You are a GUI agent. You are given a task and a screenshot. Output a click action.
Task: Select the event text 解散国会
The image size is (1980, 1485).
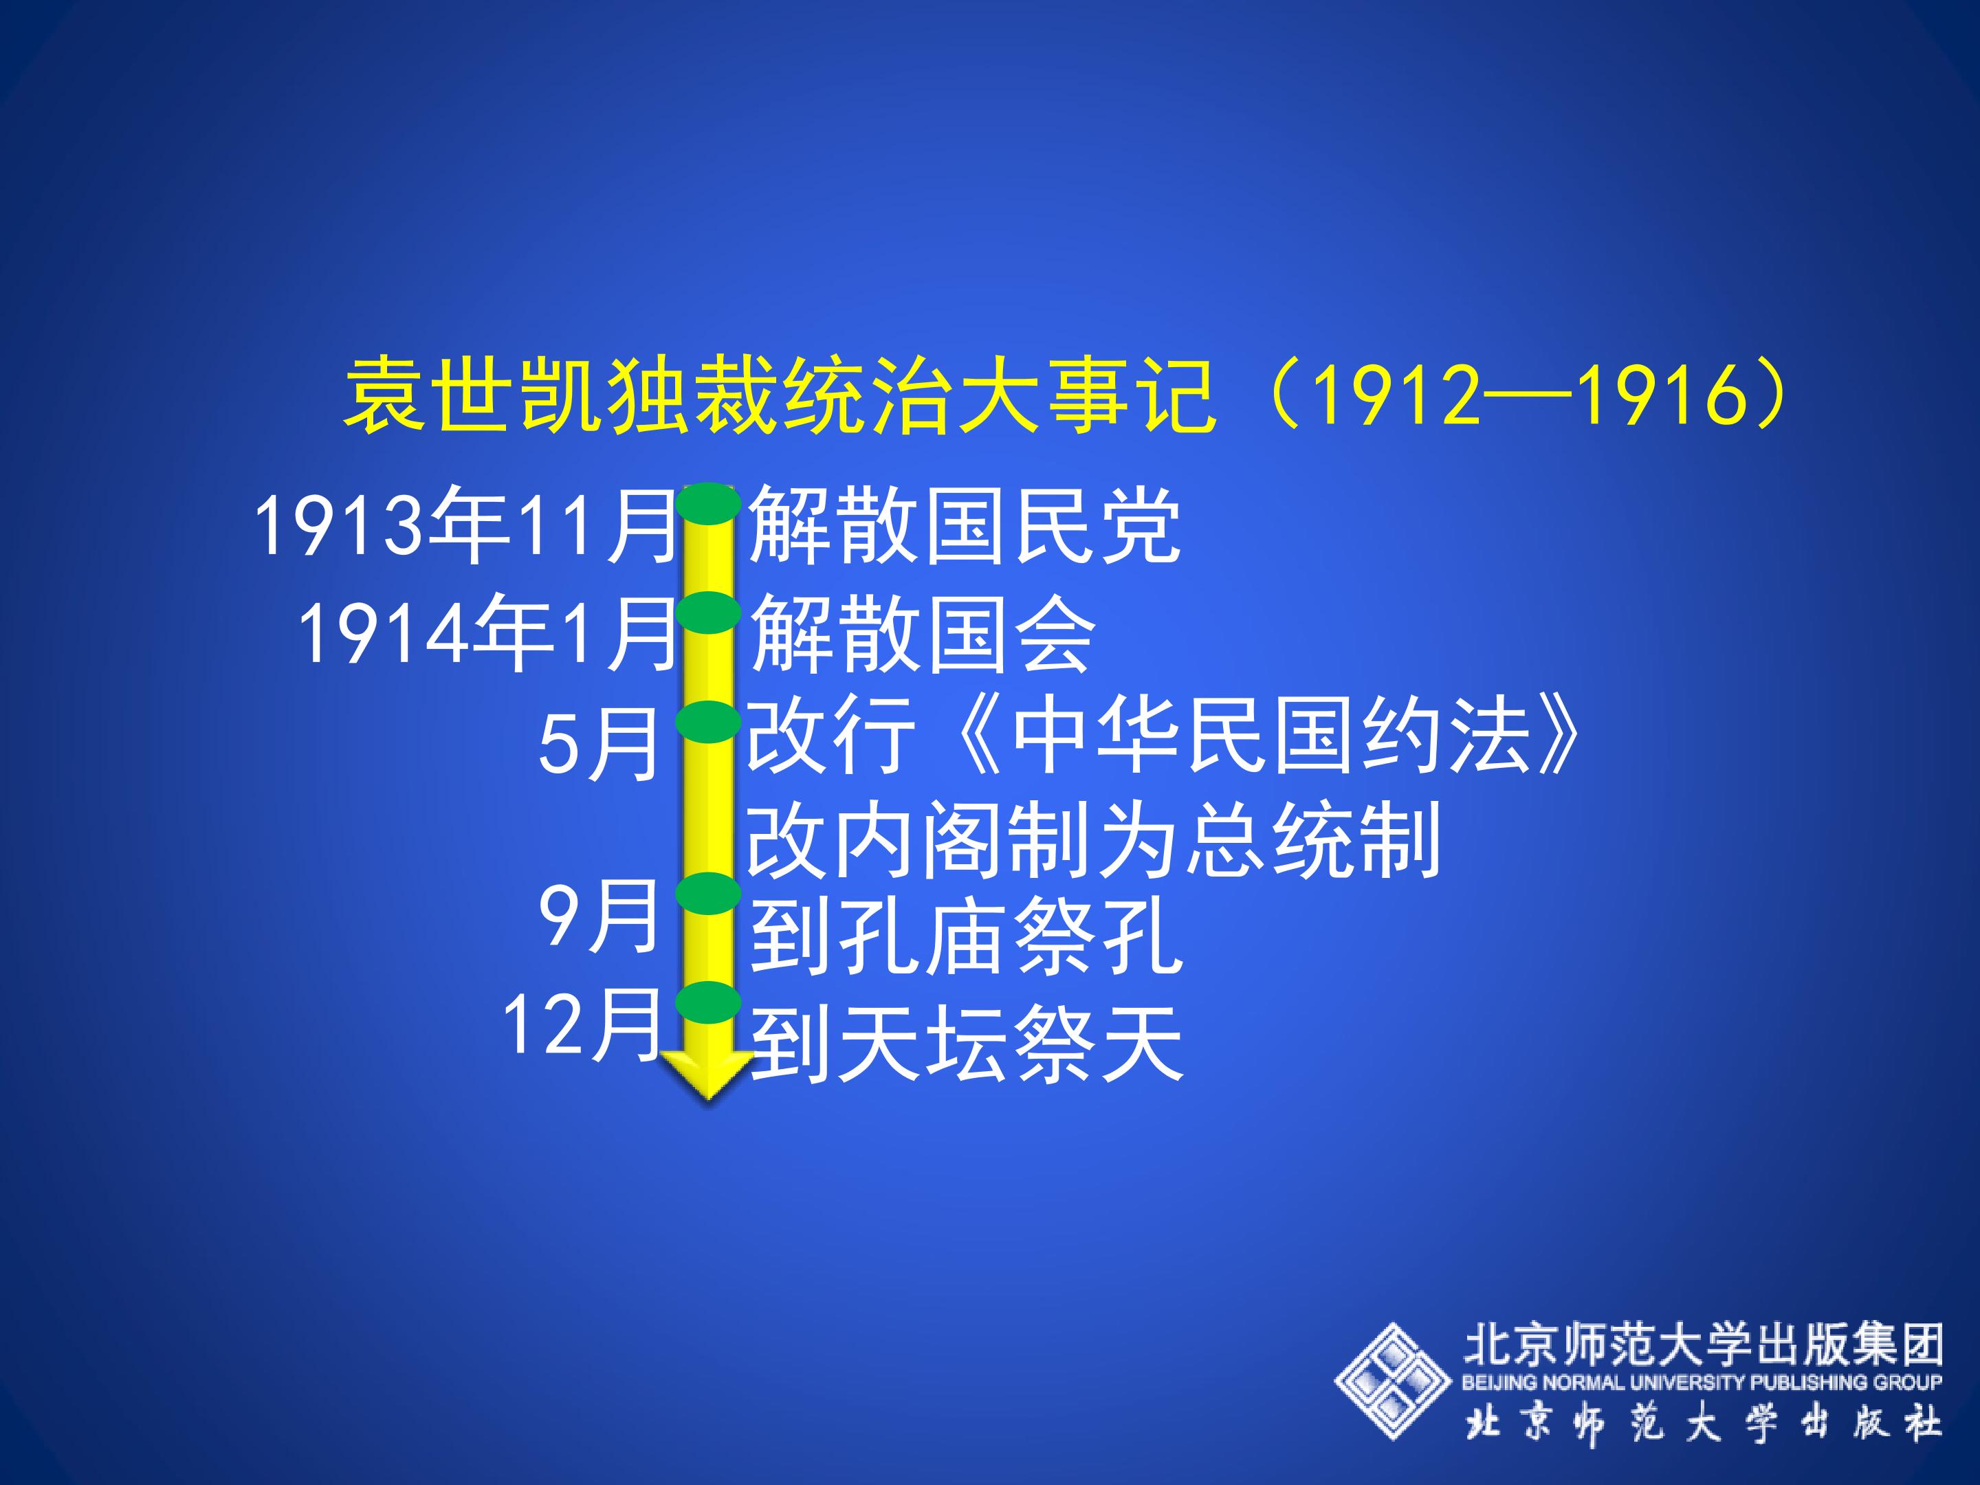[x=922, y=633]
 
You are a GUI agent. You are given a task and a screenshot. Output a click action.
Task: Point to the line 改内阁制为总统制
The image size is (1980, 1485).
[x=1094, y=839]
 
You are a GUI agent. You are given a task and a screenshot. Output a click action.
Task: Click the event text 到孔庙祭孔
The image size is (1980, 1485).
[x=966, y=938]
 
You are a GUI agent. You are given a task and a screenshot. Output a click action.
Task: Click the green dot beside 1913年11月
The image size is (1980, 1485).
[x=708, y=503]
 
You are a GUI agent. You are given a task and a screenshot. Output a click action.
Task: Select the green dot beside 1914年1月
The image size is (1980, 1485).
[x=708, y=613]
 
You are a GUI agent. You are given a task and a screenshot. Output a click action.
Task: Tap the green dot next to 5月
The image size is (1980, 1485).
[x=708, y=721]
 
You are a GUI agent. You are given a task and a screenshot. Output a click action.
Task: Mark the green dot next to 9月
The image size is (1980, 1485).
[x=708, y=893]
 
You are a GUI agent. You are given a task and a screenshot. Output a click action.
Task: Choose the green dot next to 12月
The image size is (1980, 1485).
[x=708, y=1002]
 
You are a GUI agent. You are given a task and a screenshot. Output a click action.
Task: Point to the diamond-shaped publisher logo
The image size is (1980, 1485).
[x=1393, y=1381]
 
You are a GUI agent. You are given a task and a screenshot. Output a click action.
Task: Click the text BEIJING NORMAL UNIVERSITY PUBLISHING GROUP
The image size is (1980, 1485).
[x=1702, y=1382]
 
